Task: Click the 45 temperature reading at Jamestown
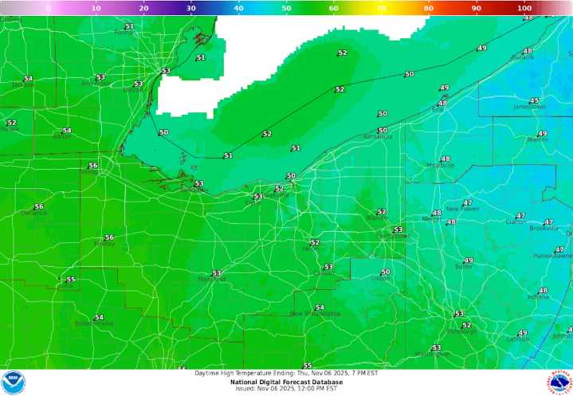coord(534,101)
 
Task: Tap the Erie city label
coord(438,109)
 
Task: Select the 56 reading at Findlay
coord(109,237)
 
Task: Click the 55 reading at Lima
coord(70,280)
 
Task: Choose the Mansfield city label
coord(212,280)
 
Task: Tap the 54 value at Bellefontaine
coord(99,317)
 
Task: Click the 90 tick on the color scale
coord(476,8)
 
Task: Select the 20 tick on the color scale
coord(143,8)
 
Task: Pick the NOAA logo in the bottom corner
coord(13,382)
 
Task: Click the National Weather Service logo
coord(559,382)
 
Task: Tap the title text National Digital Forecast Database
coord(287,382)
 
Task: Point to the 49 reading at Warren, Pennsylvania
coord(543,134)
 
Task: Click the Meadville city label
coord(440,166)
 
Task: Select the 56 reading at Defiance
coord(38,206)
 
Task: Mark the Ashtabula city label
coord(378,137)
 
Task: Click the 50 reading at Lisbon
coord(385,272)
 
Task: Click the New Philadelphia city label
coord(315,314)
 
